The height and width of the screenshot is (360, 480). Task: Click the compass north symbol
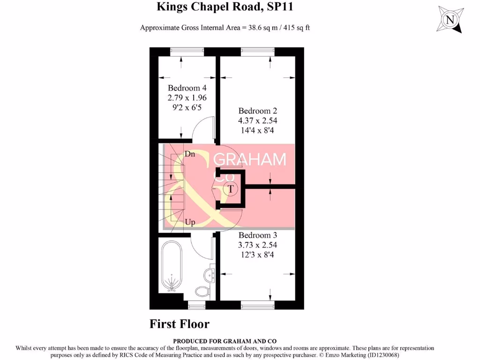[x=450, y=20]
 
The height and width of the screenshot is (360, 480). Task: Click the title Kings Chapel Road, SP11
[x=225, y=7]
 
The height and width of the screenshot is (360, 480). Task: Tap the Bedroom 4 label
[x=187, y=88]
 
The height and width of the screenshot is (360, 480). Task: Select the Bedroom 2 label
[x=257, y=111]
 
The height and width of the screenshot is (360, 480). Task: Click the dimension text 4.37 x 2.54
[x=257, y=120]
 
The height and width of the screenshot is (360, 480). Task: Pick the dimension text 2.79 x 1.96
[x=187, y=97]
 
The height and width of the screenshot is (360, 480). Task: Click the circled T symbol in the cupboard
[x=230, y=189]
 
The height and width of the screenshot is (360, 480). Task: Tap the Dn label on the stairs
[x=190, y=154]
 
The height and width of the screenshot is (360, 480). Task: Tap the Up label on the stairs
[x=190, y=222]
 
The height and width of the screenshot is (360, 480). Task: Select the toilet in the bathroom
[x=202, y=291]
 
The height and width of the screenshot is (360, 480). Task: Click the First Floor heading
[x=180, y=324]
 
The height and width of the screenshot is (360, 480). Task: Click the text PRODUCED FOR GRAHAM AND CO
[x=225, y=341]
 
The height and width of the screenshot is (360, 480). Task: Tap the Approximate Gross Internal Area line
[x=225, y=28]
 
